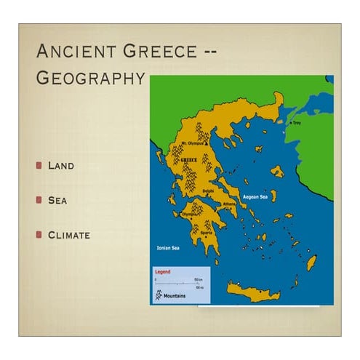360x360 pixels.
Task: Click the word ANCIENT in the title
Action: pyautogui.click(x=76, y=52)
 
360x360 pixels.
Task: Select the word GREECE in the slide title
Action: pyautogui.click(x=164, y=52)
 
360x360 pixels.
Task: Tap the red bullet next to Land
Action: pyautogui.click(x=39, y=165)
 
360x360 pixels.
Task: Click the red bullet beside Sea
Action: pyautogui.click(x=39, y=200)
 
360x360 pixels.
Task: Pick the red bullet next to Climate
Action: pyautogui.click(x=39, y=235)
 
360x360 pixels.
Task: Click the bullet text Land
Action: pyautogui.click(x=61, y=165)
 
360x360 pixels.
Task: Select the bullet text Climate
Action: pyautogui.click(x=69, y=235)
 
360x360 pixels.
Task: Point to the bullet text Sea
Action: pyautogui.click(x=57, y=200)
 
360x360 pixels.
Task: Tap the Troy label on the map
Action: pyautogui.click(x=296, y=124)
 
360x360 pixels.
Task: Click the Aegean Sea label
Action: pyautogui.click(x=255, y=196)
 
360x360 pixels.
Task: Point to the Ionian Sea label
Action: pyautogui.click(x=168, y=248)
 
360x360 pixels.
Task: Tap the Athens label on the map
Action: pyautogui.click(x=229, y=204)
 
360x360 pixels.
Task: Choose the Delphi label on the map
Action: pyautogui.click(x=208, y=191)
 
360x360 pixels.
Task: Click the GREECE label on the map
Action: pyautogui.click(x=189, y=159)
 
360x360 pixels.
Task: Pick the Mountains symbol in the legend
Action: pyautogui.click(x=157, y=296)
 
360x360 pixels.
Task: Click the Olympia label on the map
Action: pyautogui.click(x=188, y=215)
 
